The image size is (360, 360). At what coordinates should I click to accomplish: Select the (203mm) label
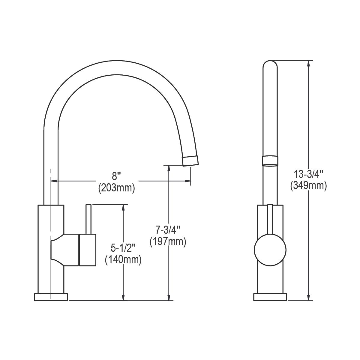tap(116, 188)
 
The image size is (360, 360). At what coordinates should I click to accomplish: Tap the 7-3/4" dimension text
tap(168, 230)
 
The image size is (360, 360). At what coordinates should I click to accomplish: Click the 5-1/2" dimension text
tap(123, 248)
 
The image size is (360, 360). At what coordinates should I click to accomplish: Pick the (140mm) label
tap(123, 259)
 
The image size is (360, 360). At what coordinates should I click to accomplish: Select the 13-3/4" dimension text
tap(308, 174)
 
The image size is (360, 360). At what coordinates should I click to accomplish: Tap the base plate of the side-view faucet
tap(51, 297)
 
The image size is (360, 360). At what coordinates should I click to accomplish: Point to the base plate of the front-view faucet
tap(270, 297)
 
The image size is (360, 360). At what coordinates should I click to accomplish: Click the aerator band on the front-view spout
tap(270, 160)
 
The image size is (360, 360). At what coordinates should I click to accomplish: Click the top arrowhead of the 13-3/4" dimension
tap(308, 63)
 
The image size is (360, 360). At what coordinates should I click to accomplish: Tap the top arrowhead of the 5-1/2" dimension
tap(123, 207)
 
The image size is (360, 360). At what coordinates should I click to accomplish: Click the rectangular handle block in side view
tap(87, 250)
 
